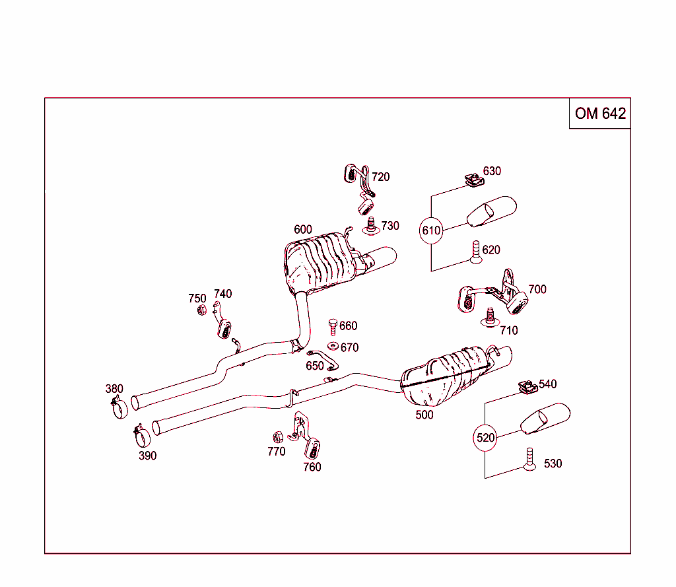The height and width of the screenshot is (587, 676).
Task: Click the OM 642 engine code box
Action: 599,114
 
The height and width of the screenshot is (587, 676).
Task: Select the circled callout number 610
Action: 431,230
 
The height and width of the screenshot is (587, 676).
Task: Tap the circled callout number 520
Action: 485,438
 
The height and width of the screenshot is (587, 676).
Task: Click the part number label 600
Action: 303,229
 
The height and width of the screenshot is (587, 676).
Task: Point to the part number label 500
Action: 424,415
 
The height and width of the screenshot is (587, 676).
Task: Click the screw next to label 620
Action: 475,253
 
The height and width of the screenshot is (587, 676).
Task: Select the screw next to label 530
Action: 529,460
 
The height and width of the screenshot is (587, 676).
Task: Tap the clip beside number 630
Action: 471,180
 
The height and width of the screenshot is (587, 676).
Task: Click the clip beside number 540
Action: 527,388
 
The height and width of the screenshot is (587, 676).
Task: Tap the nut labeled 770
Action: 278,436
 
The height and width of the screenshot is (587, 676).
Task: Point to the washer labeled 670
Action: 332,347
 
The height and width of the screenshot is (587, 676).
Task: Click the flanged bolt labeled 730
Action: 370,226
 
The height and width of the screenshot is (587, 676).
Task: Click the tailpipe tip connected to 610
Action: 492,211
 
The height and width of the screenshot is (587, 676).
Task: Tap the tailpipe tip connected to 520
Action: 545,420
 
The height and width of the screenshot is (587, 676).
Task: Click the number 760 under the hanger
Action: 312,467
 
